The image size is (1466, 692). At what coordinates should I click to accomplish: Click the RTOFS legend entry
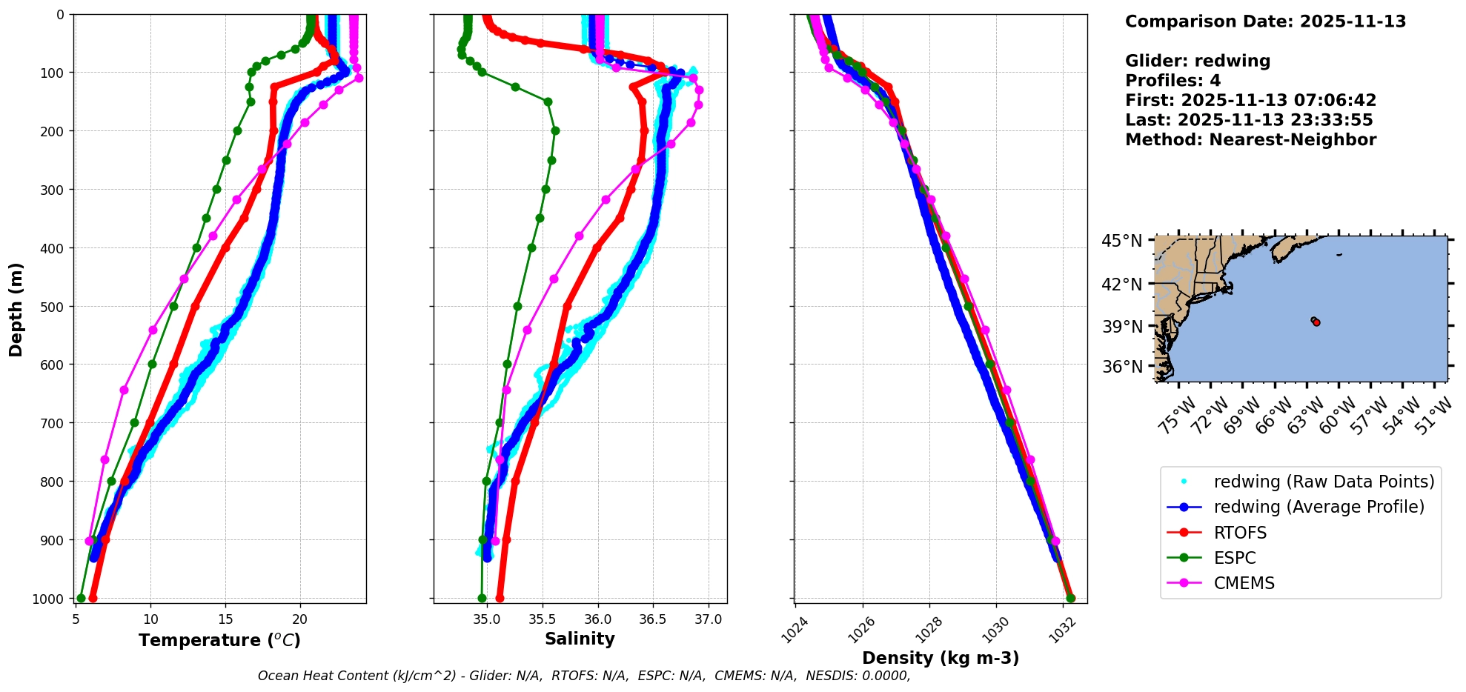click(x=1240, y=533)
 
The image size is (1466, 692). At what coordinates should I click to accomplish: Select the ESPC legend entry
click(x=1235, y=558)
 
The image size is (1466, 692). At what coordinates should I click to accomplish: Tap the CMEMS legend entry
click(x=1244, y=583)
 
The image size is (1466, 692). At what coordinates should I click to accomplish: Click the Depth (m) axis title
click(x=16, y=309)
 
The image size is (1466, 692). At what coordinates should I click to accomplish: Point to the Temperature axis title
click(x=219, y=640)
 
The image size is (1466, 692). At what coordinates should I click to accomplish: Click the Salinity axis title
click(x=580, y=639)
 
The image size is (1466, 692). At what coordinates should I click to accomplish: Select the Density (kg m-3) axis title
click(x=941, y=658)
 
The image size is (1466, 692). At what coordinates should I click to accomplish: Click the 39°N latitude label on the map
click(x=1122, y=327)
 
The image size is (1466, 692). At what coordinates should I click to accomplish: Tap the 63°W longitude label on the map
click(x=1307, y=415)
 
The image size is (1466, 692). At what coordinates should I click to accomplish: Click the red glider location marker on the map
click(x=1316, y=322)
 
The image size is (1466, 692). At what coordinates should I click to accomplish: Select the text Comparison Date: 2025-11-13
click(x=1265, y=21)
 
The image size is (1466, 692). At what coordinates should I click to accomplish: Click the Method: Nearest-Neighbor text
click(x=1250, y=140)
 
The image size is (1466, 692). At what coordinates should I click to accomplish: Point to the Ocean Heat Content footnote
click(x=584, y=676)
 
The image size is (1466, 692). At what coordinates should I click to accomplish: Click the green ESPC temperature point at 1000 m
click(x=81, y=599)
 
